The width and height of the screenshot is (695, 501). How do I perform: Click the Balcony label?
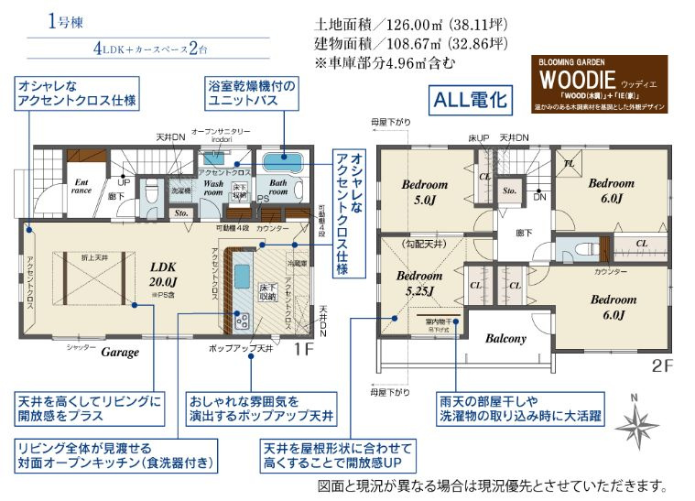tap(505, 338)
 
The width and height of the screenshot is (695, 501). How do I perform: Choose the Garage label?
tap(120, 352)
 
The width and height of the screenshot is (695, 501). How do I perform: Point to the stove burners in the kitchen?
tap(244, 320)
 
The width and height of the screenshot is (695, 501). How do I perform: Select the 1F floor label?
tap(304, 348)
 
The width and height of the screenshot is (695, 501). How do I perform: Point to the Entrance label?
tap(81, 187)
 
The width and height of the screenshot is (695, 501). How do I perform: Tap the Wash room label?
tap(213, 188)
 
